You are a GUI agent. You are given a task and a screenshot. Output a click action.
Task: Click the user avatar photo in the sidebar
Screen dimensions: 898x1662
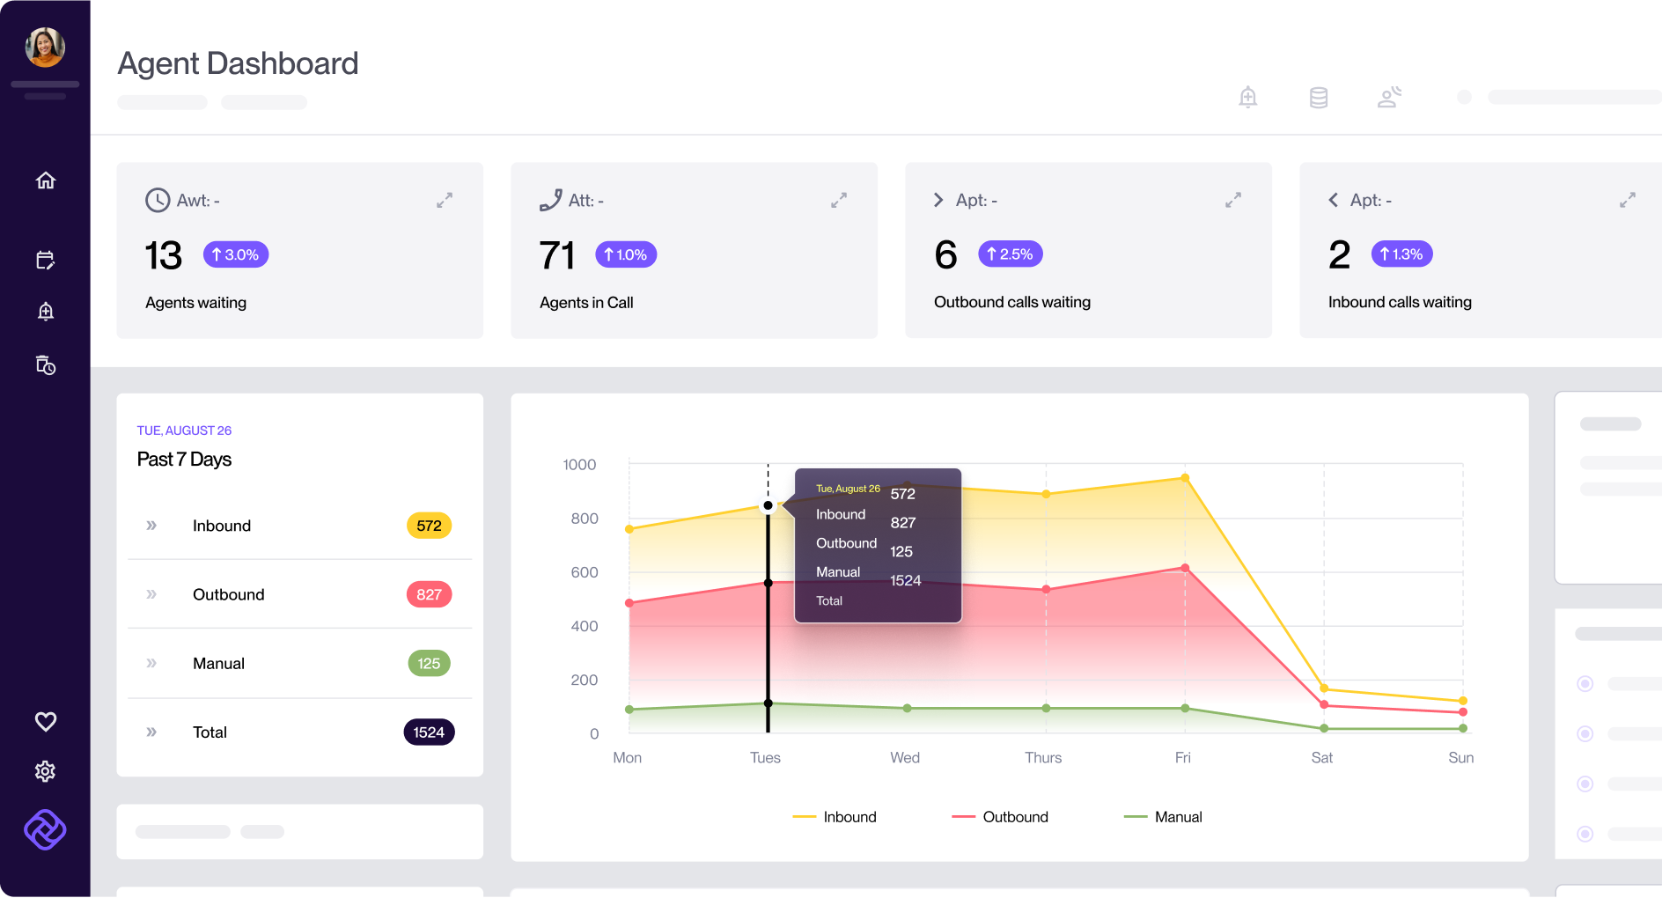45,47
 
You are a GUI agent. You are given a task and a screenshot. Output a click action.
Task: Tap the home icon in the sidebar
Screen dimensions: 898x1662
46,180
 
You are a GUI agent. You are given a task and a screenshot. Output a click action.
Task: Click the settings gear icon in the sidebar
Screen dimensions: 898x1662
45,771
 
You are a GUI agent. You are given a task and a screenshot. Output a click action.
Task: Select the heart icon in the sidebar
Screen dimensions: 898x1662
46,722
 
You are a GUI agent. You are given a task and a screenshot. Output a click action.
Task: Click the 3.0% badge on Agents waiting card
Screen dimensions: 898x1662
235,254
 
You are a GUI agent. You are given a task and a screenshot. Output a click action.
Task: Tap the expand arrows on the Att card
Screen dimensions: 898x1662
839,201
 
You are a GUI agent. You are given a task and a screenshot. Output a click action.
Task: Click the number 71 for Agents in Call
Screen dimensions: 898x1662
556,255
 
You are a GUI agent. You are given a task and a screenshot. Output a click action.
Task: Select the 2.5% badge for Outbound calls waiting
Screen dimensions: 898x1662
1010,254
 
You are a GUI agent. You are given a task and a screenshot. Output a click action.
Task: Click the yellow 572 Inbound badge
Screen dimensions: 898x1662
429,526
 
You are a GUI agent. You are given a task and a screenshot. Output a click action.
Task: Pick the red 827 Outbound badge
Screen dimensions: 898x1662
429,594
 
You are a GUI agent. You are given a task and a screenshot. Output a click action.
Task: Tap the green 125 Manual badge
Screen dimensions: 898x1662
429,663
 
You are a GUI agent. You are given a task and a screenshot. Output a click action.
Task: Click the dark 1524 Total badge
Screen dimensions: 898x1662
429,732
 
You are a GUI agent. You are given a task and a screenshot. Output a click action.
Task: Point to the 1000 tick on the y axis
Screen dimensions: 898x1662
579,465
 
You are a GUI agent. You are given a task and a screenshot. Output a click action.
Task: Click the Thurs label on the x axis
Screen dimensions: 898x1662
1043,757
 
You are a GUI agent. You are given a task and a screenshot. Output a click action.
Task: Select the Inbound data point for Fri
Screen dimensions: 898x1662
1185,478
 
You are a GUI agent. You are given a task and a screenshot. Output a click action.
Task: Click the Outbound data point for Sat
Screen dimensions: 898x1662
1324,704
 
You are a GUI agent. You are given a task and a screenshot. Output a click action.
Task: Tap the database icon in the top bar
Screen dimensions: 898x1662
1318,97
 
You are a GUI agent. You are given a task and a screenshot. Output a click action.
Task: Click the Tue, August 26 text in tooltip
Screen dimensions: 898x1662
848,489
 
